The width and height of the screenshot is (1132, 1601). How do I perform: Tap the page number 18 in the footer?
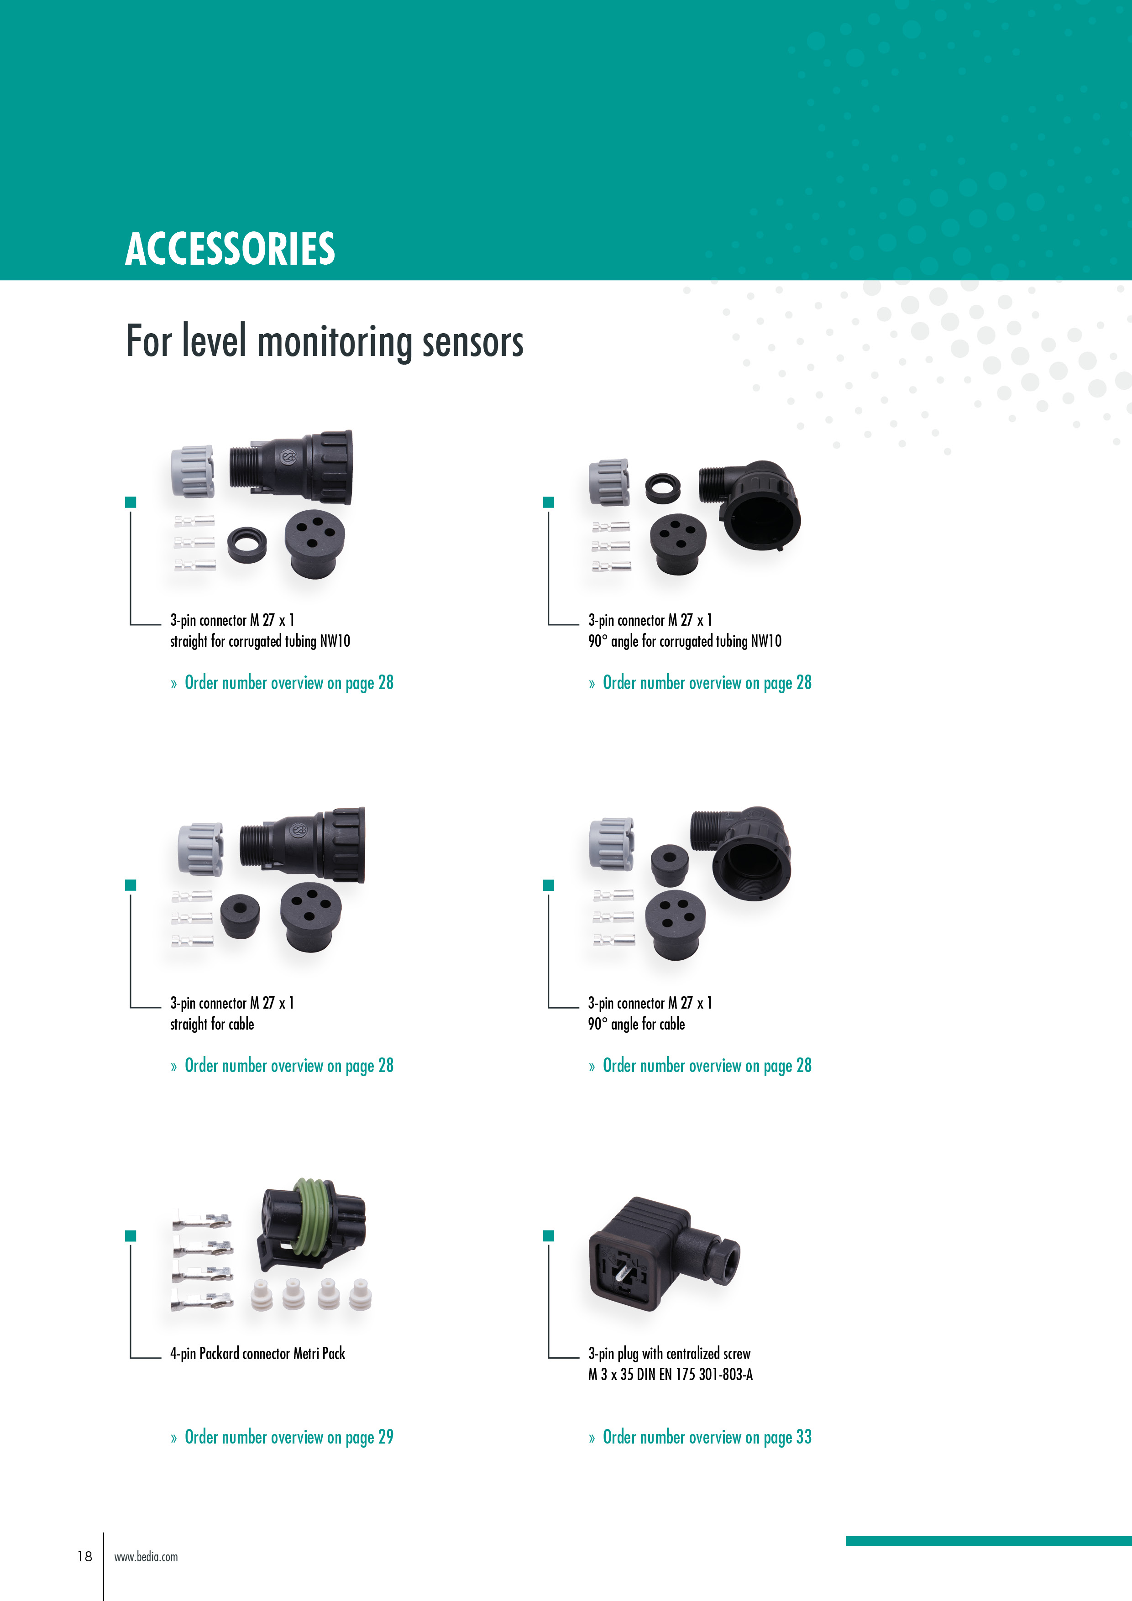84,1556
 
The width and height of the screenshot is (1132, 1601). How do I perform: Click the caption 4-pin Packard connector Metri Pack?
258,1354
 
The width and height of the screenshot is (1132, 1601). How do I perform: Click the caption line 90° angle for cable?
636,1024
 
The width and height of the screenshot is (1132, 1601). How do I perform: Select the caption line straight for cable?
212,1024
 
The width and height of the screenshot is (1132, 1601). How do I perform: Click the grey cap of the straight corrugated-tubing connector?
192,471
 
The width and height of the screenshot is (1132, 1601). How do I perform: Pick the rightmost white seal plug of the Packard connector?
360,1294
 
